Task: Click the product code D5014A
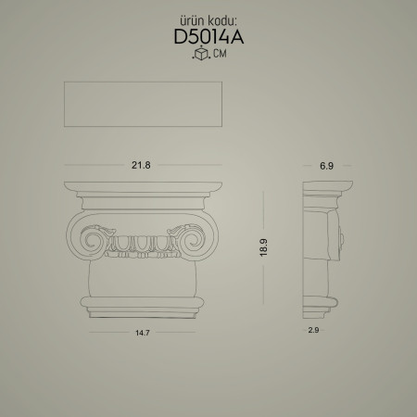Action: coord(208,38)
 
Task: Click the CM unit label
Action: coord(218,56)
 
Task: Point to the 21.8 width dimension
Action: coord(141,164)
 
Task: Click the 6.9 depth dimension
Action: coord(325,164)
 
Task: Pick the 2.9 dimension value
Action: coord(314,329)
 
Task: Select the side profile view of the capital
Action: coord(325,246)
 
